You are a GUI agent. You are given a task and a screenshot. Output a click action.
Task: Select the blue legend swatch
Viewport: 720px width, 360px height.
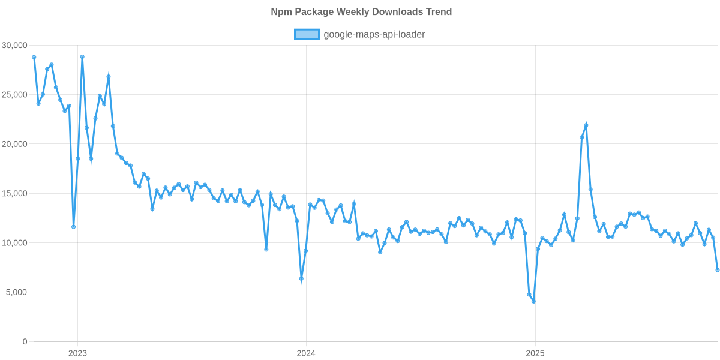307,35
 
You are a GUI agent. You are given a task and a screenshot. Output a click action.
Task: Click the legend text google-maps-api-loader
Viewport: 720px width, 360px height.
374,35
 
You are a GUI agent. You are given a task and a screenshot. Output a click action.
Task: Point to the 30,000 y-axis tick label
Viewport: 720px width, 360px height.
14,45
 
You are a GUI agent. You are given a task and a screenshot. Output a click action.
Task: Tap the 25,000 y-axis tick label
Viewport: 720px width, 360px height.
14,95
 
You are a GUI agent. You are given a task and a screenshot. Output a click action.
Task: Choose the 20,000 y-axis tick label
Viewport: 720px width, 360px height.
14,144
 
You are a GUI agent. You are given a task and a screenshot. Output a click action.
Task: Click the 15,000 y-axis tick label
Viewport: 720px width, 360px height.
14,193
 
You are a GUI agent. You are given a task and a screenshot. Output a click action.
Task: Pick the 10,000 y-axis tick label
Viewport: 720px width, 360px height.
14,243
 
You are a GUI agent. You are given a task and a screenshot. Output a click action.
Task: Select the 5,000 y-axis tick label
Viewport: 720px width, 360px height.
16,292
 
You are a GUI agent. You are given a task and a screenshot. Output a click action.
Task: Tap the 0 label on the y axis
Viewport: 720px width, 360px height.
25,341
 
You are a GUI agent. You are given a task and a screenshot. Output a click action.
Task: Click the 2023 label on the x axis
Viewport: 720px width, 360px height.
77,353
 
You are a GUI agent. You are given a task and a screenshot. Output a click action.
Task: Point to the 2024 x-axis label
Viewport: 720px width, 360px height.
306,353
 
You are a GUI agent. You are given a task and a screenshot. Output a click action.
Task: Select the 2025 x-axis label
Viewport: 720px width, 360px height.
535,353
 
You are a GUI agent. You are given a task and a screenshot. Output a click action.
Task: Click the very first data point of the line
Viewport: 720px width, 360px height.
34,57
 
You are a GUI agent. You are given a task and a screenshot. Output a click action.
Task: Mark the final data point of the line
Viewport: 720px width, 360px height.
718,270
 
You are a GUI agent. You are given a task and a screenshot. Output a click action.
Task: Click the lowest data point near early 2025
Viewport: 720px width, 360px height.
533,301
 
